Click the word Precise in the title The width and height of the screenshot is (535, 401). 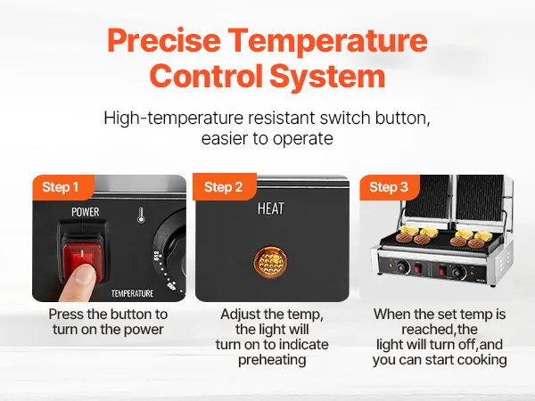tap(164, 40)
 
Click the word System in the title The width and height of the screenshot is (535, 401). tap(327, 76)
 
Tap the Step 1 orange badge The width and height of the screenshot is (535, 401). tap(62, 187)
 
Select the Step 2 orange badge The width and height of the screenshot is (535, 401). tap(225, 187)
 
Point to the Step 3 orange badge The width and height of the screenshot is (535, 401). tap(390, 187)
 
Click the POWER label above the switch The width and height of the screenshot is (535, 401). tap(86, 212)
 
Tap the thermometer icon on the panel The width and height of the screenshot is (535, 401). tap(141, 216)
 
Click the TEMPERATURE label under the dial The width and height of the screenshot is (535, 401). tap(132, 293)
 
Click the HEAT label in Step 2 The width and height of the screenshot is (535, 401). tap(270, 209)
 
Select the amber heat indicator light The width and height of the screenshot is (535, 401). tap(270, 262)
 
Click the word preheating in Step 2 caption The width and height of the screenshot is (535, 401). tap(272, 360)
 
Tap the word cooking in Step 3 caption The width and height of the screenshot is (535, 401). tap(482, 360)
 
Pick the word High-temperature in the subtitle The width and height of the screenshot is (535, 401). tap(173, 119)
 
